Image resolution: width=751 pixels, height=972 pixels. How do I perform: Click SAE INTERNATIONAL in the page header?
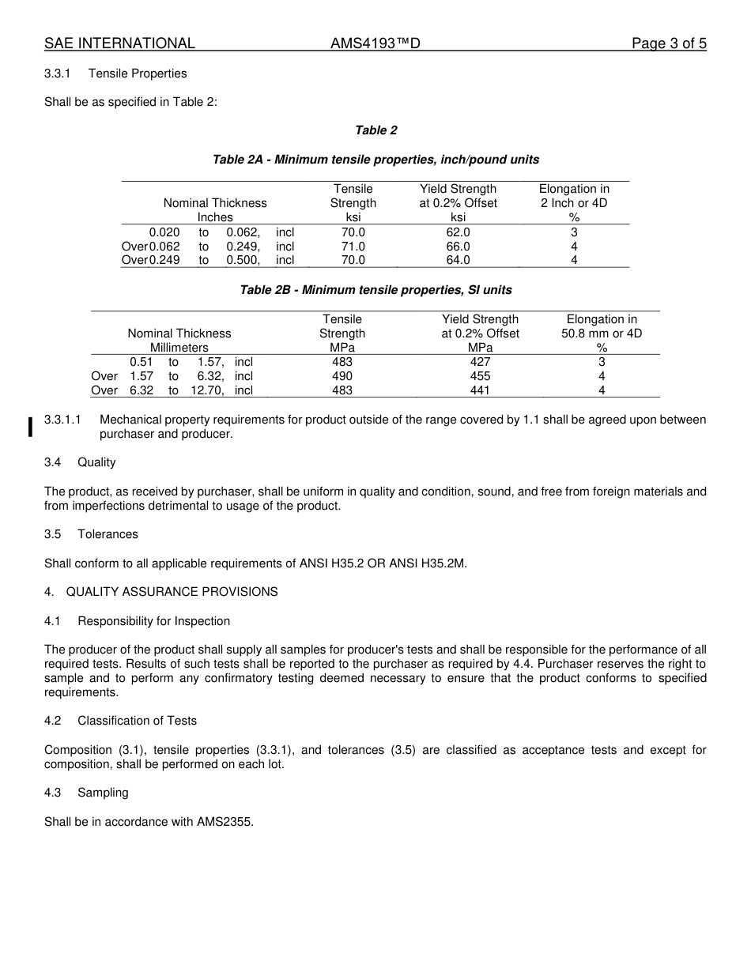pyautogui.click(x=119, y=43)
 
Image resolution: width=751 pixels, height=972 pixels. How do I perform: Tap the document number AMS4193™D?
pyautogui.click(x=375, y=43)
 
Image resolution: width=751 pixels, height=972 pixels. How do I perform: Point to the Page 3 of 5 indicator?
pyautogui.click(x=669, y=43)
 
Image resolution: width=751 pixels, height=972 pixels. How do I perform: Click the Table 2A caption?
pyautogui.click(x=375, y=160)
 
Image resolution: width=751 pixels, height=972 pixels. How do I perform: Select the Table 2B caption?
pyautogui.click(x=375, y=290)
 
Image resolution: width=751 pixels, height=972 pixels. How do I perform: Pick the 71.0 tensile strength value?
pyautogui.click(x=353, y=247)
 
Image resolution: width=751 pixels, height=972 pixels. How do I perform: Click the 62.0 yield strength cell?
pyautogui.click(x=458, y=232)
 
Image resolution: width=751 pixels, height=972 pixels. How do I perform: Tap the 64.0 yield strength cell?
pyautogui.click(x=458, y=260)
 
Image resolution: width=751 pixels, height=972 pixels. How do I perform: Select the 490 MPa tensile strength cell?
pyautogui.click(x=342, y=376)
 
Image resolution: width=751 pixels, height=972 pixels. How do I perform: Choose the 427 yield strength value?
pyautogui.click(x=480, y=362)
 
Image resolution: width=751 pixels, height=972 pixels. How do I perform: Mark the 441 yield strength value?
pyautogui.click(x=480, y=390)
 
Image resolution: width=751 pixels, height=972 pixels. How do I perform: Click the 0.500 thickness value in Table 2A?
pyautogui.click(x=243, y=260)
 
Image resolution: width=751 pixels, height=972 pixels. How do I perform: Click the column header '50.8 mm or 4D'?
pyautogui.click(x=602, y=333)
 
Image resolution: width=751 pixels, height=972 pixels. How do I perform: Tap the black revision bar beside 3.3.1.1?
pyautogui.click(x=30, y=427)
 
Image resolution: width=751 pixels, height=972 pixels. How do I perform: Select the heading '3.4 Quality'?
pyautogui.click(x=80, y=462)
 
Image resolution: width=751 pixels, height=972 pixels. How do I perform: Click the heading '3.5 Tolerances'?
pyautogui.click(x=91, y=534)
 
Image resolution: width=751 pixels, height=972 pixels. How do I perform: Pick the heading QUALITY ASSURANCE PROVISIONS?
pyautogui.click(x=172, y=592)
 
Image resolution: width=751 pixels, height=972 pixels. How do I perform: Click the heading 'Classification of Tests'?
pyautogui.click(x=137, y=721)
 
